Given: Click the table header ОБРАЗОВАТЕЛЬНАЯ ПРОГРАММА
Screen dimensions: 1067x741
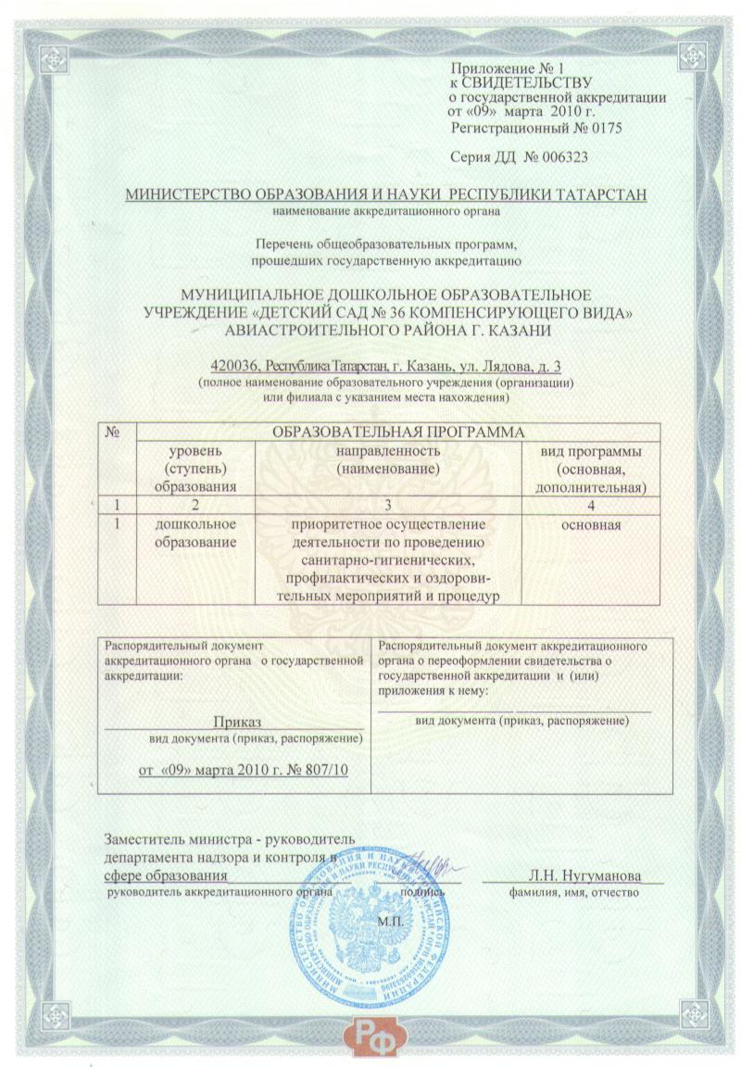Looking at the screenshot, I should [x=397, y=432].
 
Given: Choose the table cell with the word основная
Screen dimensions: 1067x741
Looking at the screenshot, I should [x=591, y=526].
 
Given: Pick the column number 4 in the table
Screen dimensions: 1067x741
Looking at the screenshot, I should [x=591, y=505].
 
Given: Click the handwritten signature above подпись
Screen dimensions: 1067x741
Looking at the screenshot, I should [x=426, y=867].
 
